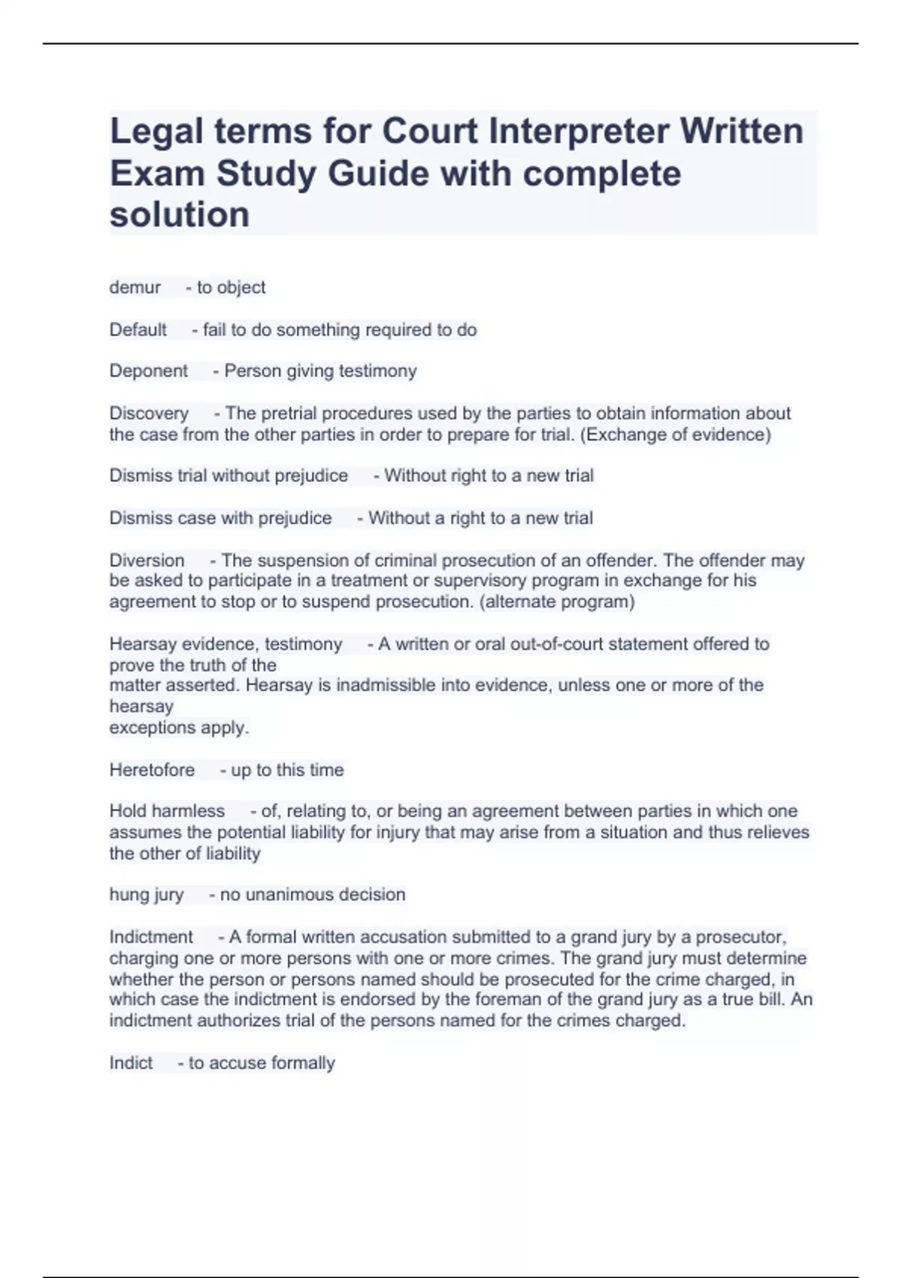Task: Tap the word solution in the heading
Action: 180,214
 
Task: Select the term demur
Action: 135,287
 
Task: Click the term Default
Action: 138,329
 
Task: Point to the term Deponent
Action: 149,371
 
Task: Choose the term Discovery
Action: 149,413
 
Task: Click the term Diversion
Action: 147,560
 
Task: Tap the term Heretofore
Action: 152,770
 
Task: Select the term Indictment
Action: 151,937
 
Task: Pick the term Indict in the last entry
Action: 131,1063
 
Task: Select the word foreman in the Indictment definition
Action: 533,1000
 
